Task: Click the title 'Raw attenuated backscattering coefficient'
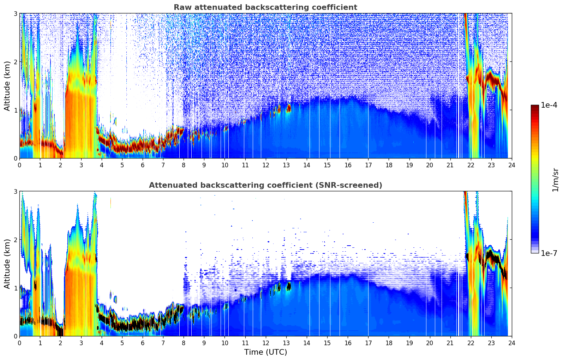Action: point(265,7)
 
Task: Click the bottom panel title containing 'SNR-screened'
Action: point(265,185)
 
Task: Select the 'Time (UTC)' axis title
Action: point(265,352)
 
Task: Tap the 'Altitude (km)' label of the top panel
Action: point(7,86)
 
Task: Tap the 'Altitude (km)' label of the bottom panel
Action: point(7,264)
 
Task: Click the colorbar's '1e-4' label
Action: point(549,105)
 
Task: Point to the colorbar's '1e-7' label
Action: point(549,253)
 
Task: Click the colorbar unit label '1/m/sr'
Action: point(556,180)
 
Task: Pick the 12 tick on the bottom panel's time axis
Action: point(265,343)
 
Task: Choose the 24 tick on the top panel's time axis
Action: point(512,165)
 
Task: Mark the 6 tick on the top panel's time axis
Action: point(143,165)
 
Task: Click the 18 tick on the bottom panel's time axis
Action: point(389,343)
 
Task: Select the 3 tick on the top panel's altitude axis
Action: point(16,13)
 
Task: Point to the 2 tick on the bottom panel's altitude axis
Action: point(16,240)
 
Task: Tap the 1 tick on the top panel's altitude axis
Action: point(16,110)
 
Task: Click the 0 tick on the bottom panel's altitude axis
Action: point(16,336)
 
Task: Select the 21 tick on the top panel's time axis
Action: point(450,165)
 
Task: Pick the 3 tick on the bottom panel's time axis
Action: point(81,343)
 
